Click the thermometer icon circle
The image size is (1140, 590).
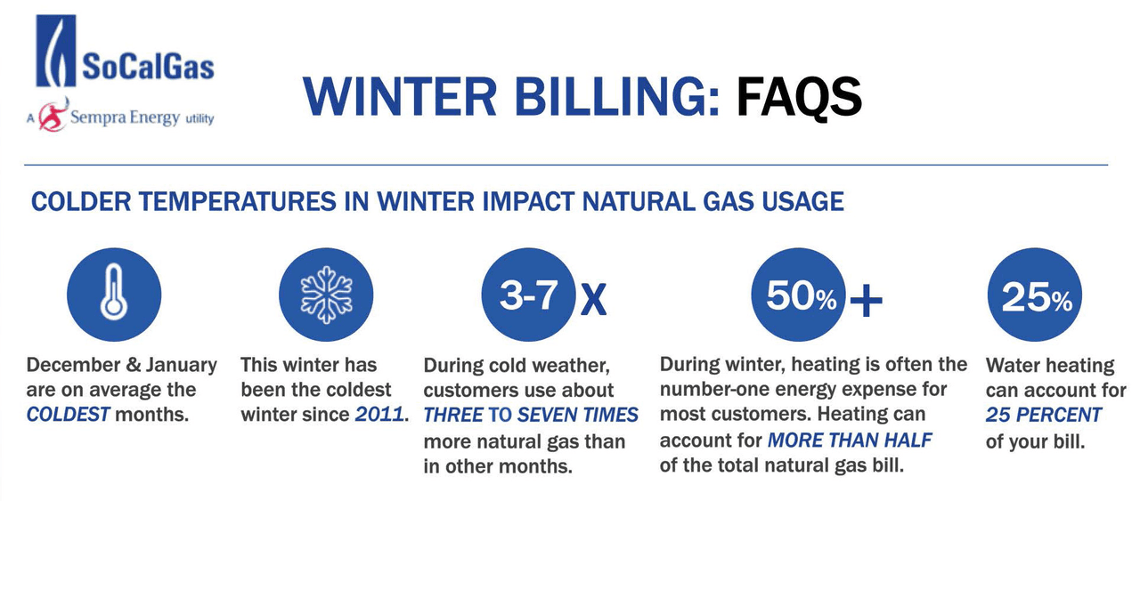[x=114, y=295]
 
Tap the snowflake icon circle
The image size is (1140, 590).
[x=325, y=295]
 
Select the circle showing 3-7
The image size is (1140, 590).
[x=528, y=295]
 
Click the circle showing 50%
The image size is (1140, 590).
[x=799, y=295]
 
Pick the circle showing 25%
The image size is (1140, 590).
[x=1035, y=295]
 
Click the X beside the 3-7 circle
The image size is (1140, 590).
[x=593, y=301]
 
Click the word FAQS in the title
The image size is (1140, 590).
[x=799, y=96]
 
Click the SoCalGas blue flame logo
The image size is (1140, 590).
[x=55, y=51]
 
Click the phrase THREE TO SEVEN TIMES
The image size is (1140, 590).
[x=531, y=415]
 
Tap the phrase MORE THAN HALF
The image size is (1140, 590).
[x=849, y=440]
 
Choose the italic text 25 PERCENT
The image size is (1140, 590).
[x=1043, y=415]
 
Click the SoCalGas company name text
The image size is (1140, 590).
[x=147, y=67]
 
